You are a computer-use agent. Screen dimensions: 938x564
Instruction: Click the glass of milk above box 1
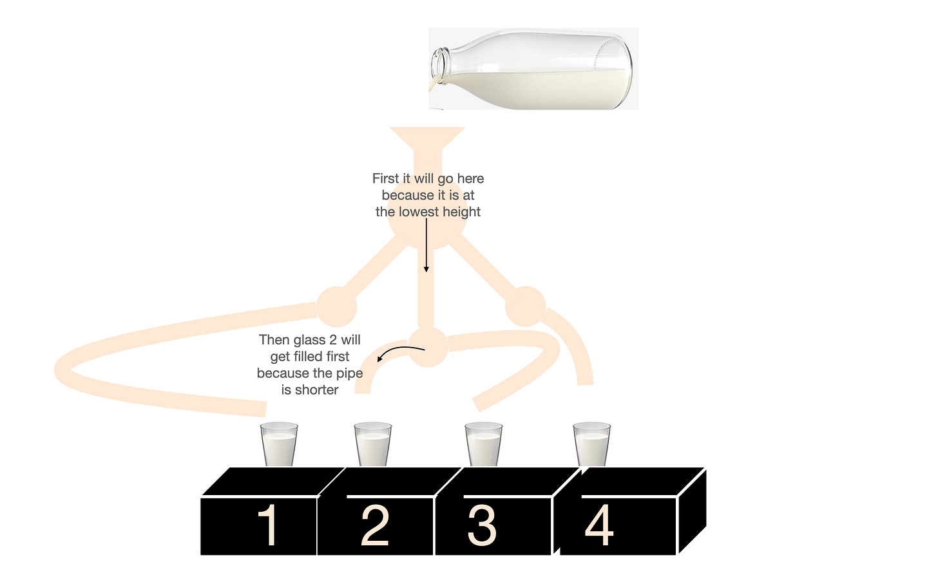(279, 444)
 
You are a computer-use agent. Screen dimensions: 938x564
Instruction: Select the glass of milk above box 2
(372, 444)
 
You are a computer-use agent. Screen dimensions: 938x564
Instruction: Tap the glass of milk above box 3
(484, 444)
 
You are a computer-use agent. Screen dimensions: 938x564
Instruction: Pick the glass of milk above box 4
(591, 444)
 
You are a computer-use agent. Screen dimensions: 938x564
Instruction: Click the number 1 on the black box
(268, 525)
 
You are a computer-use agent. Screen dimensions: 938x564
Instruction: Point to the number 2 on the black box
(375, 525)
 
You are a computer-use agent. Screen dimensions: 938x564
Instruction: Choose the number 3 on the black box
(482, 525)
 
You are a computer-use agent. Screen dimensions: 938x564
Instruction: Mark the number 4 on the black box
(599, 525)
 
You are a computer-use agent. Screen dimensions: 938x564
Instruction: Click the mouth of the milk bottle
(439, 66)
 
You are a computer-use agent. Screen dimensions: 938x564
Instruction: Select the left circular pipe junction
(336, 306)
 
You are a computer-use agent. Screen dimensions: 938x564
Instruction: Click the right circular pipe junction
(526, 306)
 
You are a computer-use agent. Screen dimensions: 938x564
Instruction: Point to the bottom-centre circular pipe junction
(428, 347)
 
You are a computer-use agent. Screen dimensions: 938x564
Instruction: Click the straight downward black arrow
(426, 245)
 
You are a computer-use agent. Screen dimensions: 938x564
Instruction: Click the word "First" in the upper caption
(385, 178)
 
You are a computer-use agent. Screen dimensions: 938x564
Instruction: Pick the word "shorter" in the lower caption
(316, 390)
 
